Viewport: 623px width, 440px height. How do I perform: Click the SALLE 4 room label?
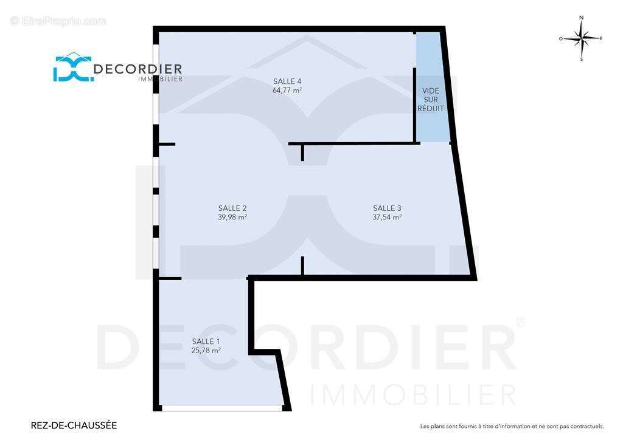click(287, 81)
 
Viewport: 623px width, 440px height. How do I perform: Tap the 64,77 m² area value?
click(287, 91)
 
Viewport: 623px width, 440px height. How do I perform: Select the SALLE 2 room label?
click(232, 208)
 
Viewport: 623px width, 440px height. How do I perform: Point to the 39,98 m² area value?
click(232, 218)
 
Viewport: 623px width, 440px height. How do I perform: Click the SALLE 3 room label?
click(387, 208)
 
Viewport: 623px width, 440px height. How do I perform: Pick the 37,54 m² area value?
click(387, 218)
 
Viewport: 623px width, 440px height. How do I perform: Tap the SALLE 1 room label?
click(206, 341)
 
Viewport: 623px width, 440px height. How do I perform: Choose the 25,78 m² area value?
click(206, 350)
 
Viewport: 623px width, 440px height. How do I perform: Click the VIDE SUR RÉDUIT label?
click(431, 100)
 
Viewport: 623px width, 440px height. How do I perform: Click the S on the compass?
click(582, 60)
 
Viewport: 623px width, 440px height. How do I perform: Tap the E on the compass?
click(600, 38)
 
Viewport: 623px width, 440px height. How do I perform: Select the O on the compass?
click(561, 39)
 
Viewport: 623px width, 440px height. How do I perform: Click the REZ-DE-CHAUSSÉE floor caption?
click(74, 425)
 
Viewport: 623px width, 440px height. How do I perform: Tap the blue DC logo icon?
click(74, 67)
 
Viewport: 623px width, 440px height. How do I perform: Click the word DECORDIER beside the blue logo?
click(138, 69)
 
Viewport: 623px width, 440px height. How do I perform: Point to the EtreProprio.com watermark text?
click(58, 21)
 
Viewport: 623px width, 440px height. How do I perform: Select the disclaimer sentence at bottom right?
click(512, 427)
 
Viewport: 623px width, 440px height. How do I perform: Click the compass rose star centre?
click(582, 39)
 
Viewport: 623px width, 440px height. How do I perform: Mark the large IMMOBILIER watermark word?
click(413, 395)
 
